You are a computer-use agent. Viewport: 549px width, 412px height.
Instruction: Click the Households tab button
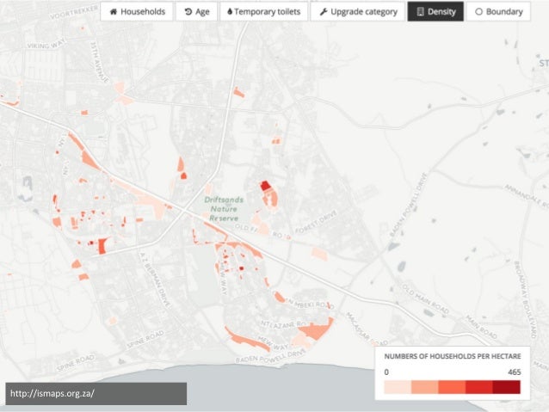pos(137,12)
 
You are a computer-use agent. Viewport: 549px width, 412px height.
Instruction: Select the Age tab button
pos(198,12)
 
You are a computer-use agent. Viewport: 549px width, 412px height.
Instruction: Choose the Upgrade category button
pos(358,12)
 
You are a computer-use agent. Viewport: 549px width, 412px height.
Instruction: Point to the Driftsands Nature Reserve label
pos(224,209)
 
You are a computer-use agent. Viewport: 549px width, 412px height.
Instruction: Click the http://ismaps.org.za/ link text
pos(52,394)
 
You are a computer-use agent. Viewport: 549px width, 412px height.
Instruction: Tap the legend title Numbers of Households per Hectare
pos(450,356)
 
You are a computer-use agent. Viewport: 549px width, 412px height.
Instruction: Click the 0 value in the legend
pos(386,372)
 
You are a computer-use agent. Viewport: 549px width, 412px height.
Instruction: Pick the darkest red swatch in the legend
pos(506,388)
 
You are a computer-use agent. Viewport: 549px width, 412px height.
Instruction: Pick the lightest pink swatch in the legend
pos(398,388)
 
